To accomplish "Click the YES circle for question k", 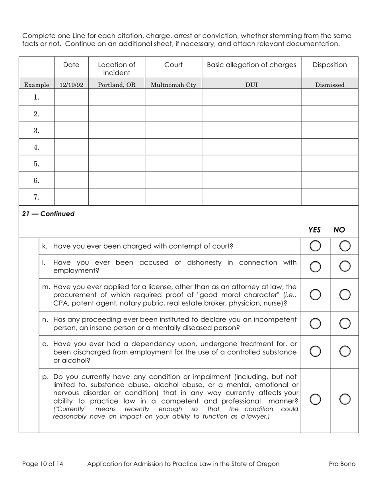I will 315,246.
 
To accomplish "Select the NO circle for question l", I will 345,267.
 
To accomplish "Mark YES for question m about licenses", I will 315,295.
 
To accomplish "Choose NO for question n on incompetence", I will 345,323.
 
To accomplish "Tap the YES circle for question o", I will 315,351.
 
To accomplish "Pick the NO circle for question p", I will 345,399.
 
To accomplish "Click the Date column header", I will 71,65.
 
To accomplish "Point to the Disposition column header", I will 329,65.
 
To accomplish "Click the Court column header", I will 173,65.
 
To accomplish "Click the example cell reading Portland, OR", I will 117,85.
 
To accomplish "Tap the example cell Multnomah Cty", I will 173,85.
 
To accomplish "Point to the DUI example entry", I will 251,85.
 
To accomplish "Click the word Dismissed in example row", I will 329,85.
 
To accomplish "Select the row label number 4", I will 37,147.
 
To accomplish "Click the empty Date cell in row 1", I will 71,97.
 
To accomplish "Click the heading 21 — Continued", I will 49,214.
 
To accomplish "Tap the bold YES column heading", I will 314,230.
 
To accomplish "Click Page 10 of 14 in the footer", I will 43,464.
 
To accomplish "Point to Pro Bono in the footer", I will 342,464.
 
